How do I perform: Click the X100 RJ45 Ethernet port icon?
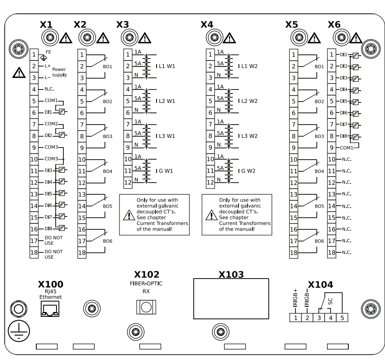[50, 309]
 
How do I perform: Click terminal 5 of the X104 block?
[342, 318]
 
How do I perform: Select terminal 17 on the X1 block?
[35, 241]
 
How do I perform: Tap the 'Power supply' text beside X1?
[59, 72]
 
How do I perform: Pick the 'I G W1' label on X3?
[165, 171]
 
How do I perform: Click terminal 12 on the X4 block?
[210, 182]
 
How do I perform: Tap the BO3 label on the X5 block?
[319, 136]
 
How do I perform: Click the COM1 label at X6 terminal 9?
[346, 148]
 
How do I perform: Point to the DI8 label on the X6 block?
[343, 136]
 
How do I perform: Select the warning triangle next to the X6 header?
[356, 38]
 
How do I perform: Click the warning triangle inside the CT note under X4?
[211, 216]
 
